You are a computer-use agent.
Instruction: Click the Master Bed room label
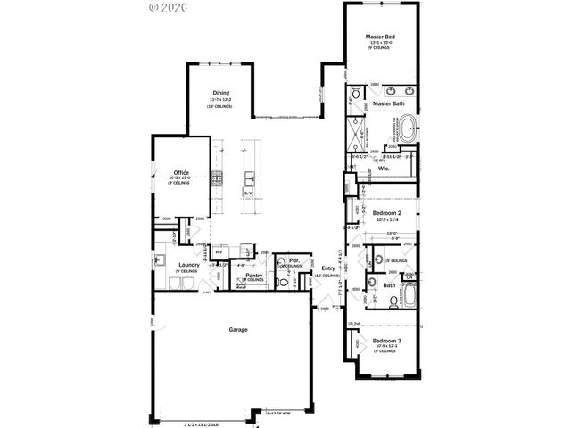pos(381,37)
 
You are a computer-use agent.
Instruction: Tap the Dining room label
pos(222,92)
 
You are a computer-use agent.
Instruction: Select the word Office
pos(181,172)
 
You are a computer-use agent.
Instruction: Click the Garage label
pos(238,329)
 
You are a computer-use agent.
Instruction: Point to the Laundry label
pos(187,265)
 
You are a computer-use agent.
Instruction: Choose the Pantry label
pos(241,276)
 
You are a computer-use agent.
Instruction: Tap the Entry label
pos(329,269)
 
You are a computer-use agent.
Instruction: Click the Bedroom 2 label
pos(386,214)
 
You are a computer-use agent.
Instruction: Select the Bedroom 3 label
pos(386,341)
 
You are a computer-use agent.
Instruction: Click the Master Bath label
pos(389,103)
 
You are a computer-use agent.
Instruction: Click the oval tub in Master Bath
pos(407,128)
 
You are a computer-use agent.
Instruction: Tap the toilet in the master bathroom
pos(354,93)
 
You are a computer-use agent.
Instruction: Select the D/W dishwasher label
pos(249,193)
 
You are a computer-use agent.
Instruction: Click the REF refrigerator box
pos(218,252)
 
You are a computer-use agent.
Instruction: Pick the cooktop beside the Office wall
pos(217,177)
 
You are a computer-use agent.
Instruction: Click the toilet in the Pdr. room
pos(282,263)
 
